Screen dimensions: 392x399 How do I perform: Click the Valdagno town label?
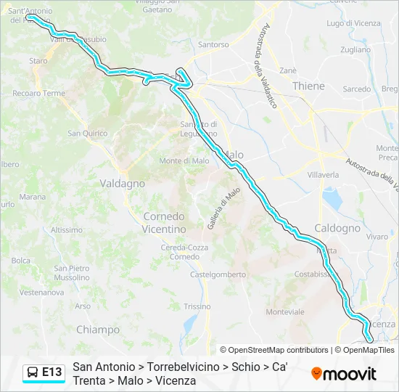click(x=122, y=184)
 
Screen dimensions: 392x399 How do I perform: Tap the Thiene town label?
click(x=308, y=86)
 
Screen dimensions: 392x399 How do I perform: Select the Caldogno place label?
click(x=337, y=228)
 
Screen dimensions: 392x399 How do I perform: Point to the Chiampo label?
click(x=98, y=330)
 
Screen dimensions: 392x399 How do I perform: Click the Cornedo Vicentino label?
click(x=164, y=222)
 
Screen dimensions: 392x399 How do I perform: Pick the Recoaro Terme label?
click(x=38, y=94)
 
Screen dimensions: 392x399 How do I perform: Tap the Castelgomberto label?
click(x=218, y=274)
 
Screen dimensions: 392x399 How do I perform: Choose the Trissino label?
click(x=196, y=306)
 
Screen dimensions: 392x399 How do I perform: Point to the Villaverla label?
click(x=323, y=175)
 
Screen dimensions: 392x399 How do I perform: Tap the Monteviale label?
click(x=285, y=311)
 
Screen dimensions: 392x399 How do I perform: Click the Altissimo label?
click(x=67, y=229)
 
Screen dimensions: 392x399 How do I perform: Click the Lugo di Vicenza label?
click(x=353, y=23)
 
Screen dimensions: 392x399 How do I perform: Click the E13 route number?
click(x=52, y=372)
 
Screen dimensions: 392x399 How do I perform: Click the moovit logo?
click(x=344, y=374)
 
